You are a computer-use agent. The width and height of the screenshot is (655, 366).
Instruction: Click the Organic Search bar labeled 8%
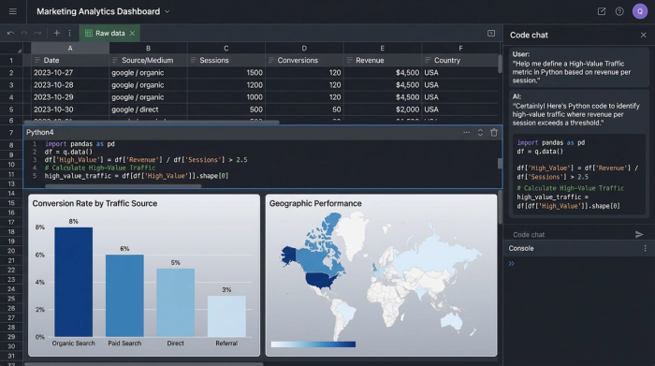[x=73, y=281]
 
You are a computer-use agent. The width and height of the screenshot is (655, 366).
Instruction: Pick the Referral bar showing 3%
[x=226, y=315]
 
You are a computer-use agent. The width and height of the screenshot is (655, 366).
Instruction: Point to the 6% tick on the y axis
[x=39, y=255]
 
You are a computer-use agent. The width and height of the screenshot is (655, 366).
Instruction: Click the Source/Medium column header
[x=148, y=60]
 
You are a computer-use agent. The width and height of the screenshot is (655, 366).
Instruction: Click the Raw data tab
[x=109, y=33]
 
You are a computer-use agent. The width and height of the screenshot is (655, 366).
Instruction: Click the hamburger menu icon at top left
[x=12, y=11]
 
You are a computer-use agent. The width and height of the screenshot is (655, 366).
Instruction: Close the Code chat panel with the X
[x=643, y=35]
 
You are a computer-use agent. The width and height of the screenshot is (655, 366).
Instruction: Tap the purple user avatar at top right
[x=639, y=11]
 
